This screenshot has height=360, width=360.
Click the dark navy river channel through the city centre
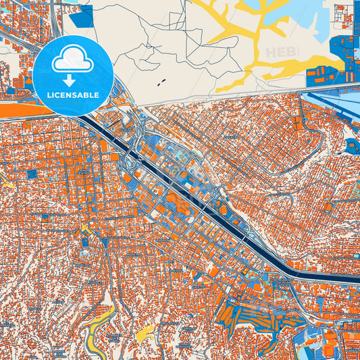coord(203,202)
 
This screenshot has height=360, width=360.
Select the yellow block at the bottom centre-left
coord(145,333)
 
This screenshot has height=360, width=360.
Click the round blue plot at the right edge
coord(351,144)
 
